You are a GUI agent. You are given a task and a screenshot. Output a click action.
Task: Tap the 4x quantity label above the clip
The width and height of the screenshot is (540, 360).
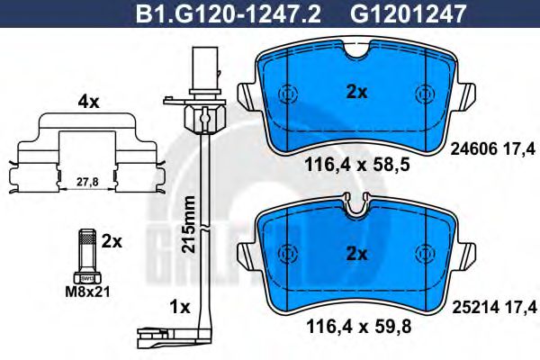87,102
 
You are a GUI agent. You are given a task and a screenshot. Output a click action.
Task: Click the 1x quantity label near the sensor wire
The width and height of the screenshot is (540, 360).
179,307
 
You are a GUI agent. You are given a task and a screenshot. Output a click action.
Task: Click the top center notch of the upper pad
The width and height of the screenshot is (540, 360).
358,56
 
